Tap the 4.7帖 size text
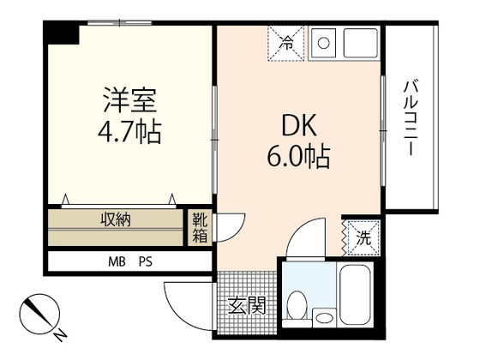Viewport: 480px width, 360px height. pyautogui.click(x=129, y=133)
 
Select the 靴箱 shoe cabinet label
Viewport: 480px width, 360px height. pyautogui.click(x=199, y=228)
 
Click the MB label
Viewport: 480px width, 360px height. pyautogui.click(x=116, y=261)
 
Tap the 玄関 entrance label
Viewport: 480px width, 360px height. pyautogui.click(x=246, y=305)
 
